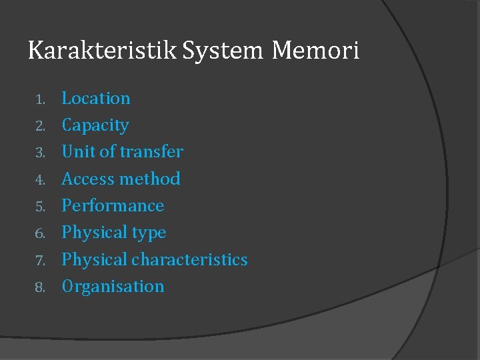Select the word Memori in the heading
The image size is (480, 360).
click(x=315, y=51)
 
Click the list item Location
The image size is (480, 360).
click(x=96, y=99)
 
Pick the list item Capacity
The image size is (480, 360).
click(x=95, y=125)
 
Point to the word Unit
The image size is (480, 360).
click(x=77, y=152)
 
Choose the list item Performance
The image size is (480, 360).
click(x=113, y=205)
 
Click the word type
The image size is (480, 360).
click(x=149, y=233)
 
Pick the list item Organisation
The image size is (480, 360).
click(x=113, y=287)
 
